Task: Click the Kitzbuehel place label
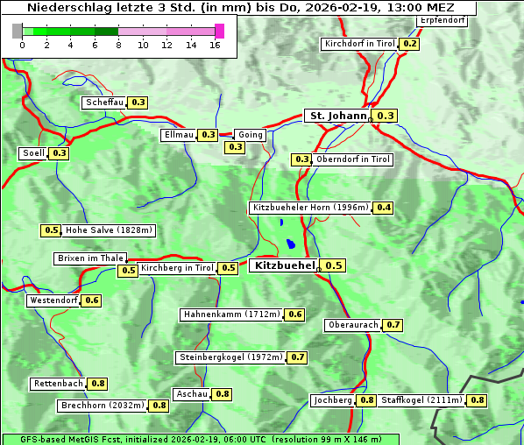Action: pos(284,265)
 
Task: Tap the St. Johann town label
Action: pos(336,116)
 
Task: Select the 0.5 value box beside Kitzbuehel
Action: pos(334,265)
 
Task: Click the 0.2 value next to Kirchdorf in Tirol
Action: pos(409,44)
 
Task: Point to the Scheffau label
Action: pos(104,102)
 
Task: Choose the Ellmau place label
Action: pos(178,135)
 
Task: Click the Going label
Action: pos(250,135)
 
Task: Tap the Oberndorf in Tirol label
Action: pos(353,159)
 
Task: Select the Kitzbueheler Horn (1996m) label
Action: pos(309,208)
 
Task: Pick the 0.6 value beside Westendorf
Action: pos(92,300)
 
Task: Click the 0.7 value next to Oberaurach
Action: pos(393,325)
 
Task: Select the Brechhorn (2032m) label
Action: pos(103,406)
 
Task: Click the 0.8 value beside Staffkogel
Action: pos(477,400)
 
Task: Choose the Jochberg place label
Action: pos(332,400)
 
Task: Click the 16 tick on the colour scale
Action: pos(216,45)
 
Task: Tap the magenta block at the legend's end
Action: pos(219,31)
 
